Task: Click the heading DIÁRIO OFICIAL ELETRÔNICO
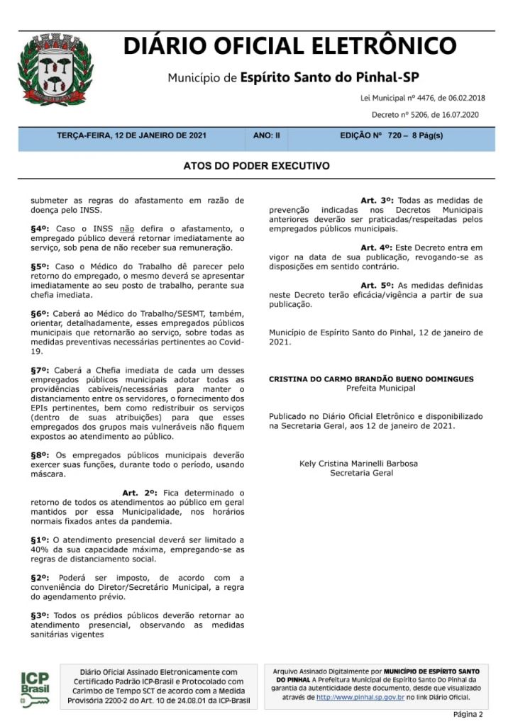[x=289, y=46]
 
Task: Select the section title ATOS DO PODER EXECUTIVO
[x=256, y=166]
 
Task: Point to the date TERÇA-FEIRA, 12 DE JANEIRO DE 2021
[x=131, y=135]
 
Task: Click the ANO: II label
[x=266, y=135]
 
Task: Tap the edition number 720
[x=394, y=135]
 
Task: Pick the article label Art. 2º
[x=139, y=492]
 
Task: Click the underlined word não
[x=127, y=228]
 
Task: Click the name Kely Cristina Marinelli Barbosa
[x=359, y=464]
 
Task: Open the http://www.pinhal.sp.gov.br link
[x=360, y=698]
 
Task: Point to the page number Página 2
[x=468, y=714]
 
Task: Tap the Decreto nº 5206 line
[x=425, y=114]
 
